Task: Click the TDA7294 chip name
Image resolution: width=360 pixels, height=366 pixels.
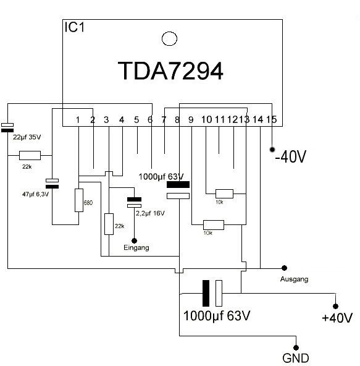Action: pos(170,70)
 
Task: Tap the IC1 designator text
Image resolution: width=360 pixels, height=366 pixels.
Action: pos(74,27)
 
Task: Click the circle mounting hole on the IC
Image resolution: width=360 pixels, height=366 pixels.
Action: pos(169,38)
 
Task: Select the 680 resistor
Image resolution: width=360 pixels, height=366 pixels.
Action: pos(79,200)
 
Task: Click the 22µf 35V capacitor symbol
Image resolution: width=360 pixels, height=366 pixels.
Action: pos(7,128)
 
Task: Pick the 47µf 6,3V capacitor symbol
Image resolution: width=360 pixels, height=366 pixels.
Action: pos(52,184)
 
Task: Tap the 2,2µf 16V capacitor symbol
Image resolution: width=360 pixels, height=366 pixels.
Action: pos(134,202)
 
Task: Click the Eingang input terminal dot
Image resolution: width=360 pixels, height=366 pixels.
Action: pos(134,240)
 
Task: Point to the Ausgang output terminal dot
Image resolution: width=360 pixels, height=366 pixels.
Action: pos(284,268)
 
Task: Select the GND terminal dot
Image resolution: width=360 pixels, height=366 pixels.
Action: pos(296,348)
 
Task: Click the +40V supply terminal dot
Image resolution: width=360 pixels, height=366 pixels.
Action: pos(335,306)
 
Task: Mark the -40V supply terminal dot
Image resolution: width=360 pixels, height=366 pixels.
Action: pos(272,150)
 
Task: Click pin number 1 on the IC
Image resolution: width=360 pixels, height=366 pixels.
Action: pos(78,120)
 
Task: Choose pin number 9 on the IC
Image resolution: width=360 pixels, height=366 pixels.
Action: pos(191,120)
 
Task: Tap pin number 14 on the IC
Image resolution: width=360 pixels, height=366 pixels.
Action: pos(258,120)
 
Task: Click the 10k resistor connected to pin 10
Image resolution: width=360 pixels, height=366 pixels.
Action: pos(224,194)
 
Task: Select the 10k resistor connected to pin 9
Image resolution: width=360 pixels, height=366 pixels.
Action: pos(214,225)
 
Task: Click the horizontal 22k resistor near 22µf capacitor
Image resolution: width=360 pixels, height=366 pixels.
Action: pos(30,155)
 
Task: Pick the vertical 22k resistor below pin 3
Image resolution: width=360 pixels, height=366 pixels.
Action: pos(109,224)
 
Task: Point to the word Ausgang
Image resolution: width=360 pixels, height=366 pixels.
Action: pos(294,279)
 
